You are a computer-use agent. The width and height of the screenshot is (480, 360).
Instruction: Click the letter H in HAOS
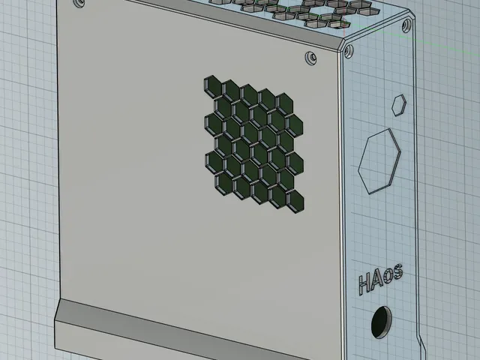point(364,284)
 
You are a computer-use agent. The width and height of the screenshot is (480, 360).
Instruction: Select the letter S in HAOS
point(397,272)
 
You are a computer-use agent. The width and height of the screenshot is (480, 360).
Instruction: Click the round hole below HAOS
point(381,322)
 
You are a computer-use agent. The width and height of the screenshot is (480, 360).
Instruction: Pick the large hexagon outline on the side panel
point(379,161)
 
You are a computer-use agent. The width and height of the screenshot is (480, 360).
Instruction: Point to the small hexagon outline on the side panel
point(399,105)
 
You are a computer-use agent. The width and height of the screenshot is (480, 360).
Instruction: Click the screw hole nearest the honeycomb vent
point(311,58)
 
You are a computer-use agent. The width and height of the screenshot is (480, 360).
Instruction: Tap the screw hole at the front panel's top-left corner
point(79,3)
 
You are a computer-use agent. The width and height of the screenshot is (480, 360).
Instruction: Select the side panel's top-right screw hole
point(406,25)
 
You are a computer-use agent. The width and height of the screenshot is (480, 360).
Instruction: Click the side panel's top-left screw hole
point(348,51)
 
